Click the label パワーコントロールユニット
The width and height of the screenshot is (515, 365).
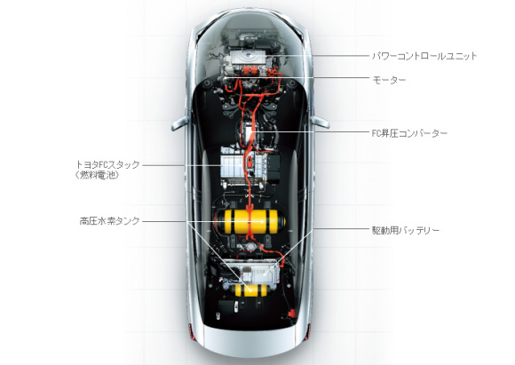[424, 56]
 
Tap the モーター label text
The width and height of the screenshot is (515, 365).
[389, 80]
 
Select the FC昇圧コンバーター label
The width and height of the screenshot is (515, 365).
[409, 133]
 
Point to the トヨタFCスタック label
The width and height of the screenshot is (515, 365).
[107, 164]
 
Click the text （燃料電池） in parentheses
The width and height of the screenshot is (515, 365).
[97, 175]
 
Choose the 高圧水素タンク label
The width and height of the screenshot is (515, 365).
[110, 221]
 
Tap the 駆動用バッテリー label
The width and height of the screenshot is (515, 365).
[405, 230]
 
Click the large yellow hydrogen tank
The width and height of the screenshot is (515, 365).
[250, 221]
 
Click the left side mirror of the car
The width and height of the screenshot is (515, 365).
[179, 123]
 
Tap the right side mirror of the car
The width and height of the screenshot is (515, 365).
[321, 123]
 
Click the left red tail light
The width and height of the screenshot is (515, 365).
[192, 331]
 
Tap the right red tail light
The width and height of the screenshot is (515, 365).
[307, 331]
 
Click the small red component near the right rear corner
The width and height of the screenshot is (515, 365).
[290, 313]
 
